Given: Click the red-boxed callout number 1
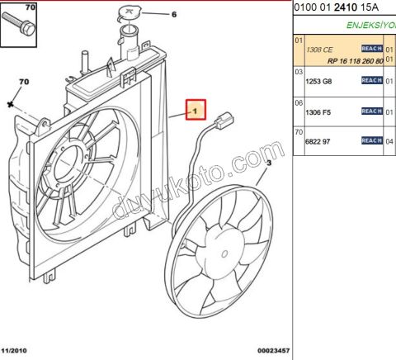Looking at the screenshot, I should click(x=196, y=110).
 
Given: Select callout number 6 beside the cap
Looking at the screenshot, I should click(x=173, y=15).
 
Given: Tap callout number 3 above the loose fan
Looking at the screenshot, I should click(x=268, y=164).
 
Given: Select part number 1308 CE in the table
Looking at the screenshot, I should click(x=320, y=50).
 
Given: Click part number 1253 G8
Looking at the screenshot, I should click(x=320, y=81).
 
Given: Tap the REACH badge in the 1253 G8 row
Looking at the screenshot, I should click(x=371, y=80).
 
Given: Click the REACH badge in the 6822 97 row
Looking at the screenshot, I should click(x=371, y=141).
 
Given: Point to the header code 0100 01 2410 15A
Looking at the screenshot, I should click(x=337, y=9).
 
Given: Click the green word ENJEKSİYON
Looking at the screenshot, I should click(x=370, y=26).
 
